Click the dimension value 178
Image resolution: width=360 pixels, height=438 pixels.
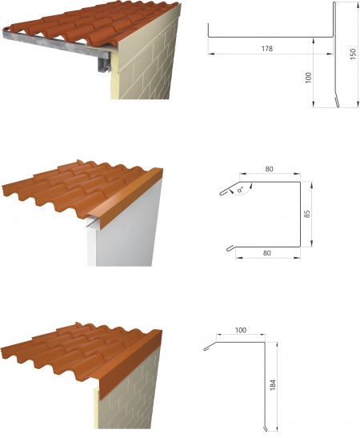click(266, 49)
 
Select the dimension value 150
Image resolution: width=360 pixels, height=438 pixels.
click(353, 54)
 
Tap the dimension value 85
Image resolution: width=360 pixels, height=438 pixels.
click(306, 215)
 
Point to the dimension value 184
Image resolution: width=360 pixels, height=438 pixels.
click(273, 384)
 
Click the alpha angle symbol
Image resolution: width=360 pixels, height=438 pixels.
click(240, 191)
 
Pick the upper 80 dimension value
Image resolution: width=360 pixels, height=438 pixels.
click(269, 169)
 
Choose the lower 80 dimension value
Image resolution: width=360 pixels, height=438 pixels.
click(266, 253)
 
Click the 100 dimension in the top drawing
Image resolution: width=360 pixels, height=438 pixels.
click(308, 78)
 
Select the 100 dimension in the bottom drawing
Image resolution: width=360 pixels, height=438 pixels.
click(240, 330)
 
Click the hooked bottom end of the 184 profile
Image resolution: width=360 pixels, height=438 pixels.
click(265, 428)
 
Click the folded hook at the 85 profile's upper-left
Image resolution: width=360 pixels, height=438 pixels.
click(225, 192)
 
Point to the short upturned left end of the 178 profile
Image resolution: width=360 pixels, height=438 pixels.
click(209, 30)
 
